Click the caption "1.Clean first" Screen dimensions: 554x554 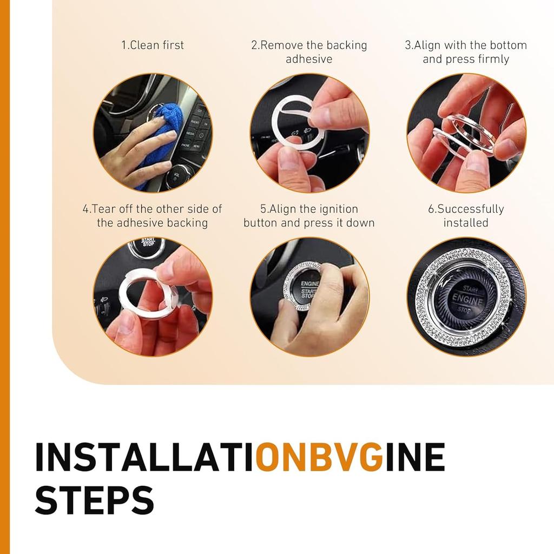(153, 45)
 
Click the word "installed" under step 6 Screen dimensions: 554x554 (466, 223)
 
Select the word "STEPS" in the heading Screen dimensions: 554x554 (94, 500)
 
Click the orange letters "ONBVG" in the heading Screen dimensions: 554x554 (320, 457)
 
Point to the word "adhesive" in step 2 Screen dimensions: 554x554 (309, 59)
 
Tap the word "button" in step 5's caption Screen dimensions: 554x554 (260, 223)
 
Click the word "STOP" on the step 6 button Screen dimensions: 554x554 (464, 310)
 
